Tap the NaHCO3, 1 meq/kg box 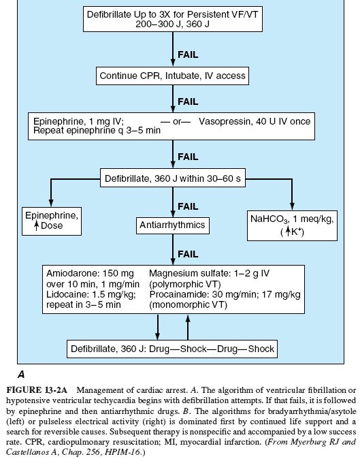292,223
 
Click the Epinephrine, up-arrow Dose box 50,223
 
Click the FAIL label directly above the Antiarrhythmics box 188,206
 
